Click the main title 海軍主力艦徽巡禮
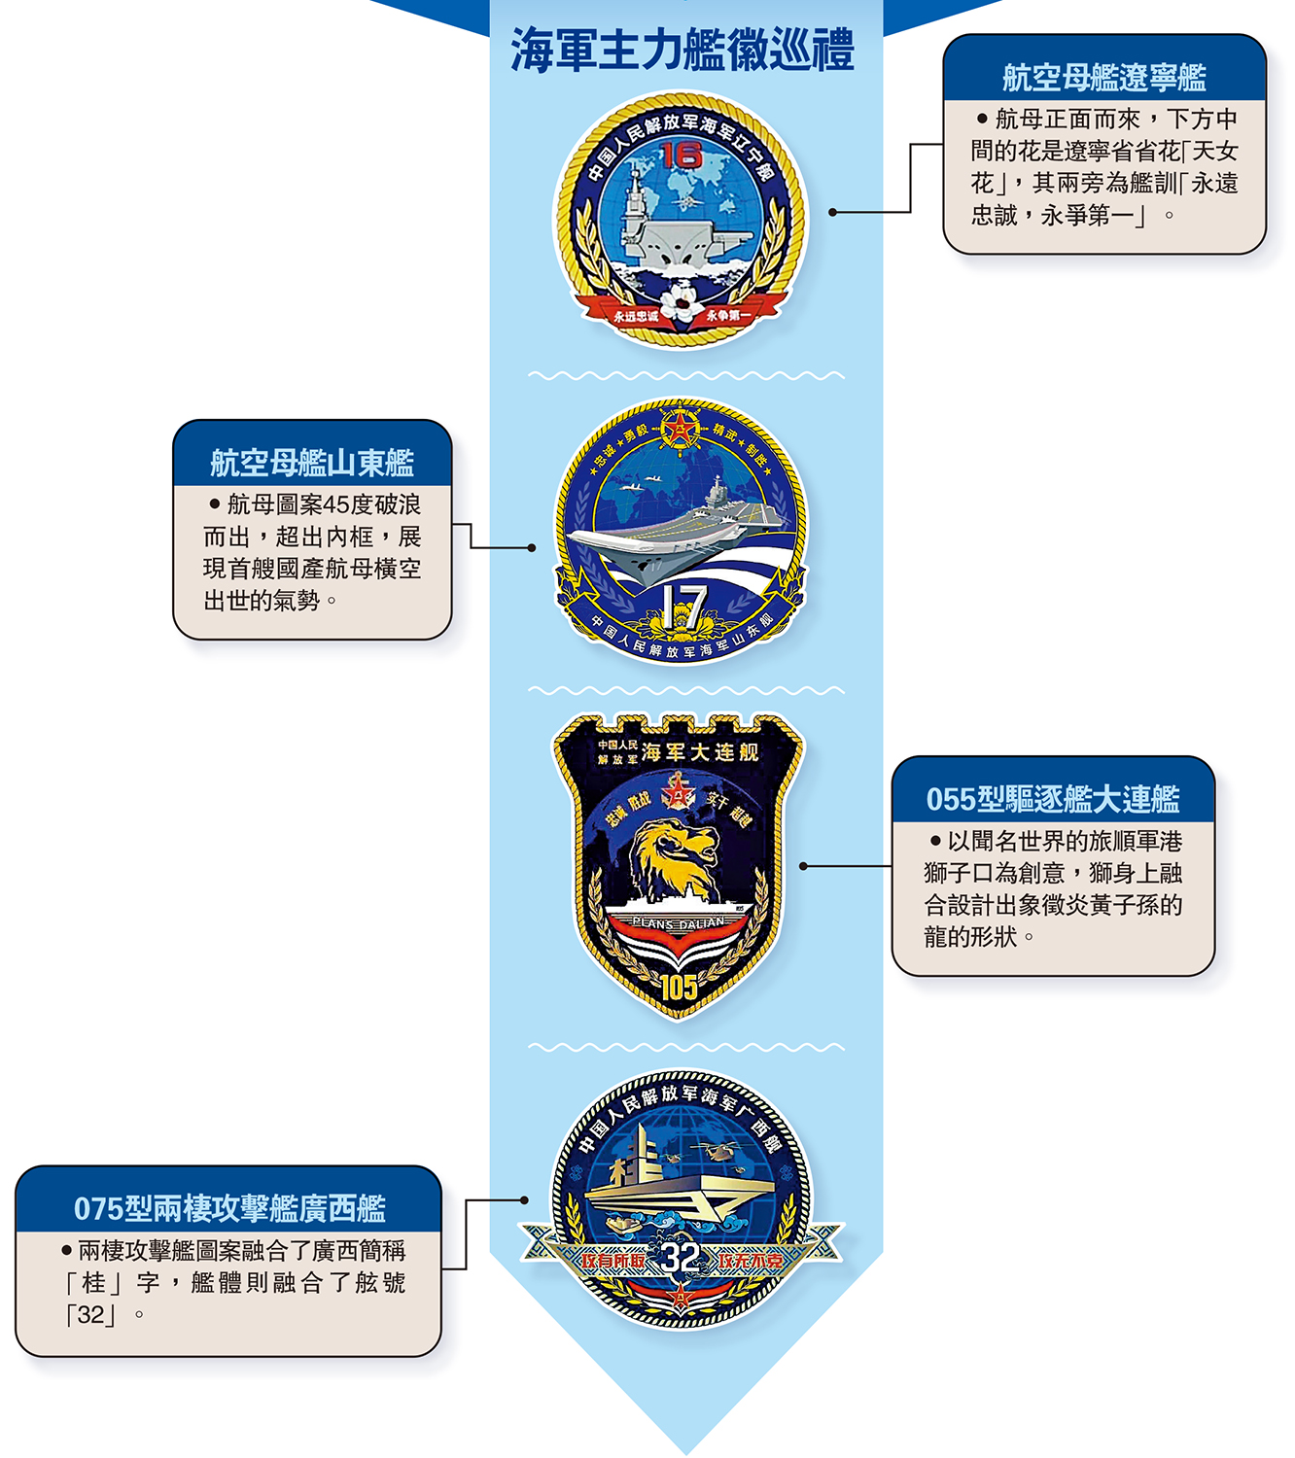682,50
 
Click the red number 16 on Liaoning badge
682,155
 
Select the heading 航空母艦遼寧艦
1103,77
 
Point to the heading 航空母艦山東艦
312,463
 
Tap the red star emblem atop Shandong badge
681,429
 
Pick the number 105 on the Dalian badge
680,988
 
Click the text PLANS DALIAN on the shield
679,922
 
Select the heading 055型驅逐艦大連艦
1053,799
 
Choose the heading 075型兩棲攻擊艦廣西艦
229,1208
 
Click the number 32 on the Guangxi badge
682,1259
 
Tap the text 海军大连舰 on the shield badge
700,752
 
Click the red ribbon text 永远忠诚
636,316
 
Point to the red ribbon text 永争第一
728,315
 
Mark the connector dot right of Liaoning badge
832,212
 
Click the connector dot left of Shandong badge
532,547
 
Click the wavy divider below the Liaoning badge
685,375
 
